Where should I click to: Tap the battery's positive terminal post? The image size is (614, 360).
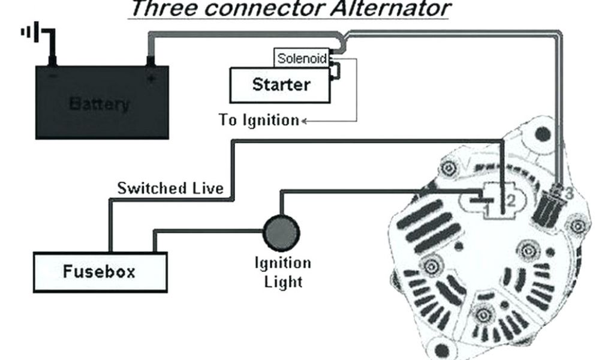[x=151, y=60]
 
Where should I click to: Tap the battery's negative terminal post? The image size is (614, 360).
[x=53, y=60]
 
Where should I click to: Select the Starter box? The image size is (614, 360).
[x=280, y=85]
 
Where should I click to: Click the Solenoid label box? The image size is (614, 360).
[x=302, y=59]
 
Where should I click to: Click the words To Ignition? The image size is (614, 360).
[x=258, y=120]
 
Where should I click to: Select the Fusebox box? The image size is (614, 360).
[x=99, y=271]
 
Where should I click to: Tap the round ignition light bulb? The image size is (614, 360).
[x=282, y=232]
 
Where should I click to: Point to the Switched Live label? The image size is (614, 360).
[x=170, y=188]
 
